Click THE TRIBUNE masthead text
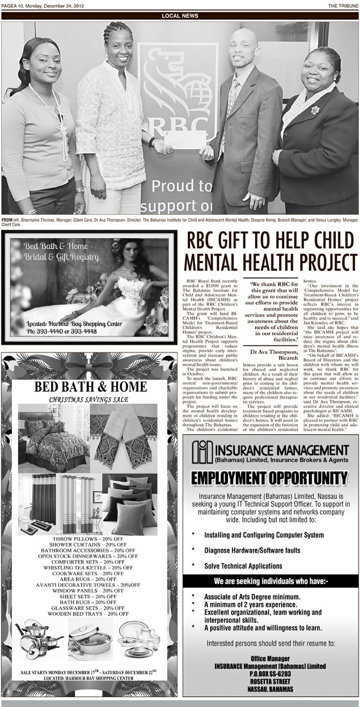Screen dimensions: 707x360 coord(343,5)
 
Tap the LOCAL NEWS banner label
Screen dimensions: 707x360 coord(180,16)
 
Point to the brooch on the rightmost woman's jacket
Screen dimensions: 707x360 coord(315,110)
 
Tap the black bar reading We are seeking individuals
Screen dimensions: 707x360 coord(270,581)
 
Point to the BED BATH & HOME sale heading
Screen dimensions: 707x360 coord(90,387)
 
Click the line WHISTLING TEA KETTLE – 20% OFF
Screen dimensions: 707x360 coord(88,567)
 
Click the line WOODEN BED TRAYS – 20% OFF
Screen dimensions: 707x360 coord(88,613)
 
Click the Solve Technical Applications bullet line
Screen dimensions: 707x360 coord(243,566)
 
